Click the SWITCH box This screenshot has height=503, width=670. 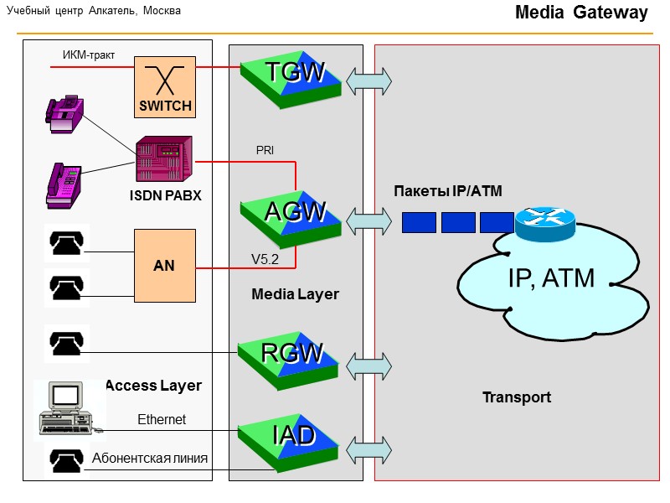tap(165, 88)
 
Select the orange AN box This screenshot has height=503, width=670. tap(165, 265)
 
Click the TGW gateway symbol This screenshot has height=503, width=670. tap(291, 79)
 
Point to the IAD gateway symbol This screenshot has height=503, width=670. tap(291, 439)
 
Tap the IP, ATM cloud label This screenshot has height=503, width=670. tap(550, 277)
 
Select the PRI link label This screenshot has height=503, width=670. tap(265, 151)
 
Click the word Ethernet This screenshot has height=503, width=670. tap(162, 419)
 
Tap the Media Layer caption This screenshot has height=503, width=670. tap(295, 294)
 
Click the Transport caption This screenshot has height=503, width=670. tap(517, 397)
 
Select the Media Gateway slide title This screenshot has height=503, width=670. tap(581, 13)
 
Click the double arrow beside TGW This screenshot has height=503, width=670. tap(369, 80)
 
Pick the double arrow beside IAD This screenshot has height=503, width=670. tap(369, 448)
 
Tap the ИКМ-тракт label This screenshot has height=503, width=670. tap(88, 56)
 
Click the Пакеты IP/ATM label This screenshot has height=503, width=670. tap(448, 191)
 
